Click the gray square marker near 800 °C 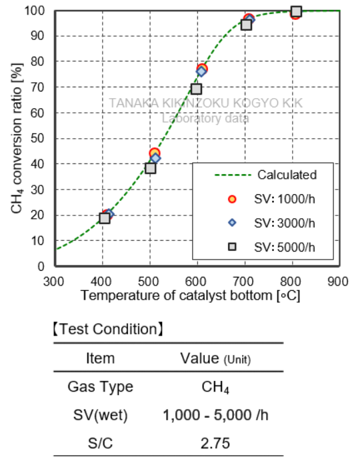click(296, 11)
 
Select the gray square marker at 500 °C click(151, 168)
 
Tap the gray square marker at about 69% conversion click(196, 89)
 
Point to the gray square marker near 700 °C click(246, 25)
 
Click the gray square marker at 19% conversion click(105, 217)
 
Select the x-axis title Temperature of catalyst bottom click(197, 296)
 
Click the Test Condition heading click(108, 329)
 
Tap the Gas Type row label click(101, 387)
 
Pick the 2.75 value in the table click(215, 442)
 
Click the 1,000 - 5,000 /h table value click(215, 414)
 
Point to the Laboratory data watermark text click(205, 119)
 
